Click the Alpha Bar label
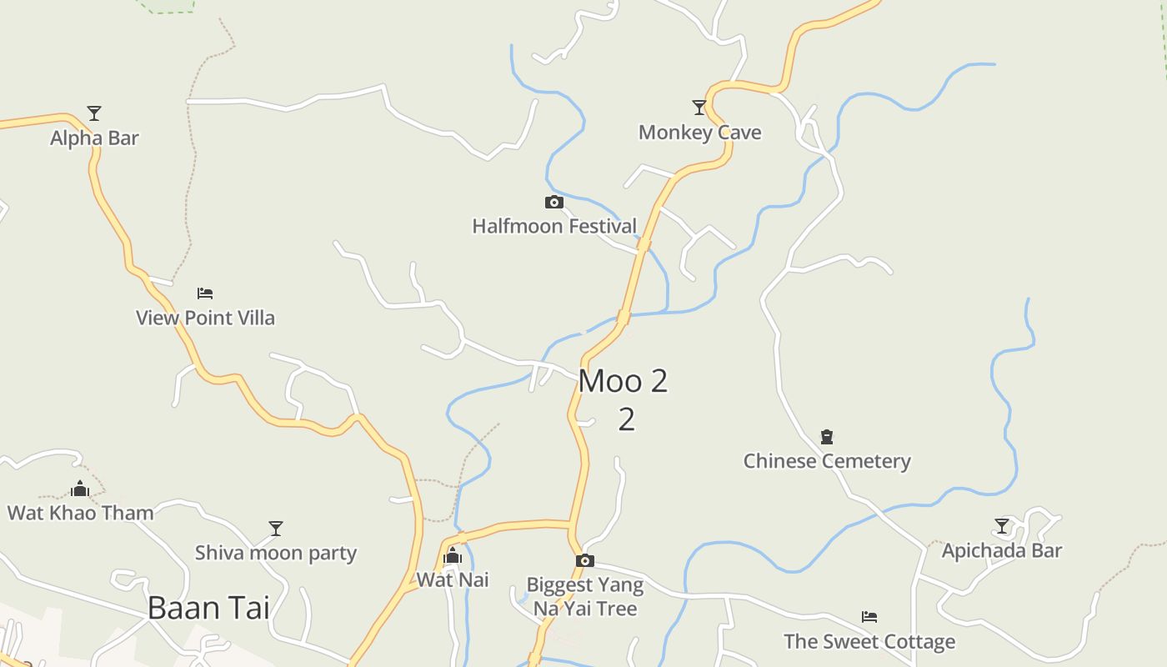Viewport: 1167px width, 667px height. [94, 138]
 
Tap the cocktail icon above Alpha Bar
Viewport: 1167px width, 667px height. [94, 113]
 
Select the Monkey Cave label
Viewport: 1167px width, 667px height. [699, 132]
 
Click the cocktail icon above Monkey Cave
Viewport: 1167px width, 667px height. [699, 107]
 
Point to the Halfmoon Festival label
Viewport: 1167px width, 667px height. [554, 226]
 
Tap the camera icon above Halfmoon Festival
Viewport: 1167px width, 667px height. [553, 202]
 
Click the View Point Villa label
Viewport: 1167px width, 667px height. [205, 318]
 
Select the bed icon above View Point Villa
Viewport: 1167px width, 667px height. [205, 293]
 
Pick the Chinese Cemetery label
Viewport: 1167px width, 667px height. [827, 461]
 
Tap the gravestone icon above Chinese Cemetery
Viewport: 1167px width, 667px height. [827, 436]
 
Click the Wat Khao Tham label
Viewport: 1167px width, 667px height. [80, 513]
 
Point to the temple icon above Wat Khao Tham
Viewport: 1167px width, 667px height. [80, 489]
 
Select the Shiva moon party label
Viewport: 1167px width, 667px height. [276, 553]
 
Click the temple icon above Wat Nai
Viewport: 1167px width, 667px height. [453, 555]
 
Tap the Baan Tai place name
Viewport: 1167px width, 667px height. [208, 608]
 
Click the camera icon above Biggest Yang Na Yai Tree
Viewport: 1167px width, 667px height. [585, 560]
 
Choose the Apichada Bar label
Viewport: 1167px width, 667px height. [1002, 550]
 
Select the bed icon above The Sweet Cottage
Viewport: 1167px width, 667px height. [869, 617]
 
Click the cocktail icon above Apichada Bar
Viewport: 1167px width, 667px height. [1002, 526]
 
